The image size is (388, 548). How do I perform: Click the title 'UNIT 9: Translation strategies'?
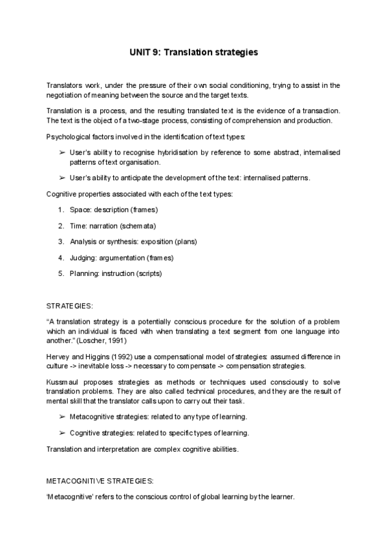pyautogui.click(x=193, y=52)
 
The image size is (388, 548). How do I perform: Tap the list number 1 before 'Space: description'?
pyautogui.click(x=60, y=210)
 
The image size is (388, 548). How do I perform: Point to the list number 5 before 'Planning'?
pyautogui.click(x=60, y=273)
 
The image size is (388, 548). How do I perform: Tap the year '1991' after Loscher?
pyautogui.click(x=118, y=340)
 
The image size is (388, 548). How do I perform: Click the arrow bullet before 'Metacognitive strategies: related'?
pyautogui.click(x=61, y=417)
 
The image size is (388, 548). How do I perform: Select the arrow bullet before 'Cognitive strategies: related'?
pyautogui.click(x=61, y=432)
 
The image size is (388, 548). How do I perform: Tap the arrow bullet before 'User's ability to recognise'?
pyautogui.click(x=61, y=152)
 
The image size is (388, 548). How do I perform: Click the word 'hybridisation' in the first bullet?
pyautogui.click(x=178, y=152)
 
